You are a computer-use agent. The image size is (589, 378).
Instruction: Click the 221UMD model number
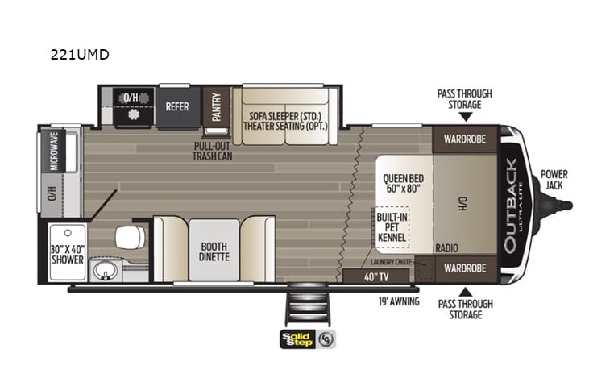pos(80,56)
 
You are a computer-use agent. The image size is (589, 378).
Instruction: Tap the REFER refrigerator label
pos(177,106)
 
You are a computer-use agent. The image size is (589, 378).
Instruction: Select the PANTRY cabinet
pos(216,107)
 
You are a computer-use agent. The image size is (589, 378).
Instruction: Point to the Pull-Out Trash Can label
pos(213,151)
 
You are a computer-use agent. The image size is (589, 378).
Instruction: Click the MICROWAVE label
pos(53,151)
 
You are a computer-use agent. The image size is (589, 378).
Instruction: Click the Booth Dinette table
pos(214,251)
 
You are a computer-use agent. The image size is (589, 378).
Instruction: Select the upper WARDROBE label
pos(464,138)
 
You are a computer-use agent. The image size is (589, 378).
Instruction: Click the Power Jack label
pos(554,179)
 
